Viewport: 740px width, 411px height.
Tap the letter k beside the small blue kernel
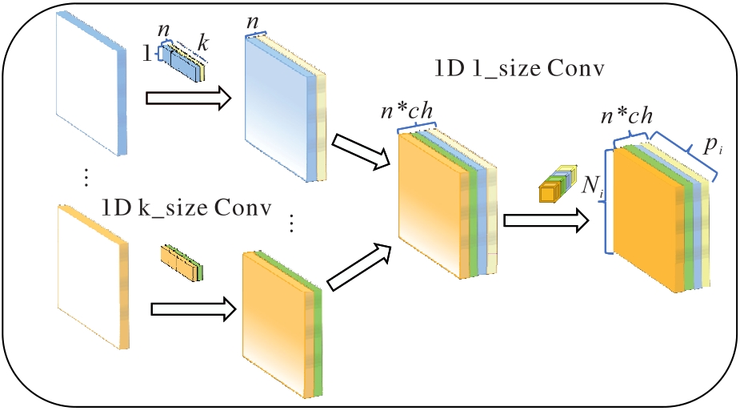204,44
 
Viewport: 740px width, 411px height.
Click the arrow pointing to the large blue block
189,99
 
